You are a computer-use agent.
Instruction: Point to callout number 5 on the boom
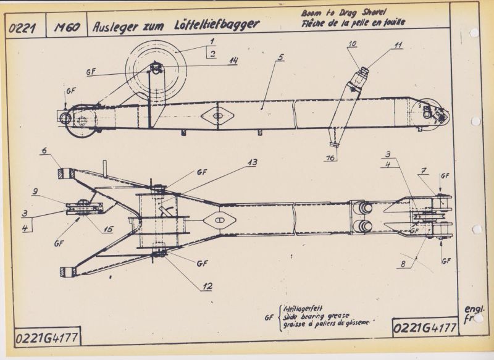[x=281, y=57]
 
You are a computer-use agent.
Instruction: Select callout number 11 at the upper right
[x=399, y=44]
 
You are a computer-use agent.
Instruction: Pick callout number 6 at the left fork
[x=44, y=150]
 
